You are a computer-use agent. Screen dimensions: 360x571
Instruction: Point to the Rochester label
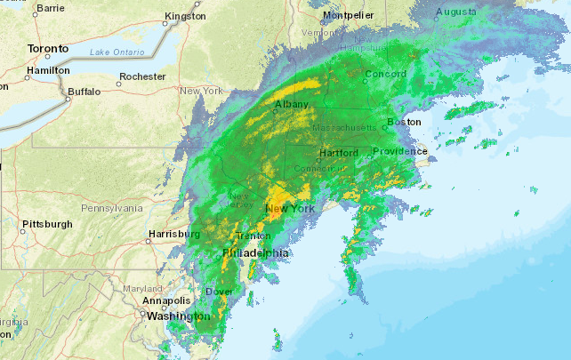(143, 76)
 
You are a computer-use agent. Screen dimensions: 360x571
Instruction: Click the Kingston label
(186, 16)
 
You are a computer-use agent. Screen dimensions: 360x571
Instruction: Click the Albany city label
(292, 105)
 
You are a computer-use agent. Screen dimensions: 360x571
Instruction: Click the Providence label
(399, 152)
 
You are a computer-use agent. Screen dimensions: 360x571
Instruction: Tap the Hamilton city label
(49, 70)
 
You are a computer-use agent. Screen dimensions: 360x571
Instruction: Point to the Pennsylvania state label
(111, 208)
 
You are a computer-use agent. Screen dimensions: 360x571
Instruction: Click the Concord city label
(385, 74)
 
